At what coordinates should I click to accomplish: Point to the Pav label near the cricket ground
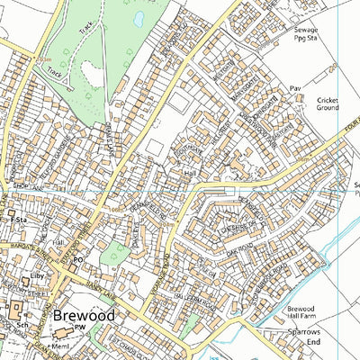[x=294, y=88]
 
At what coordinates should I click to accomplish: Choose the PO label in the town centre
[x=78, y=260]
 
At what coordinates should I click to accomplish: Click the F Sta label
[x=15, y=218]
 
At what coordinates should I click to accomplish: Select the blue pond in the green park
[x=139, y=18]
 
